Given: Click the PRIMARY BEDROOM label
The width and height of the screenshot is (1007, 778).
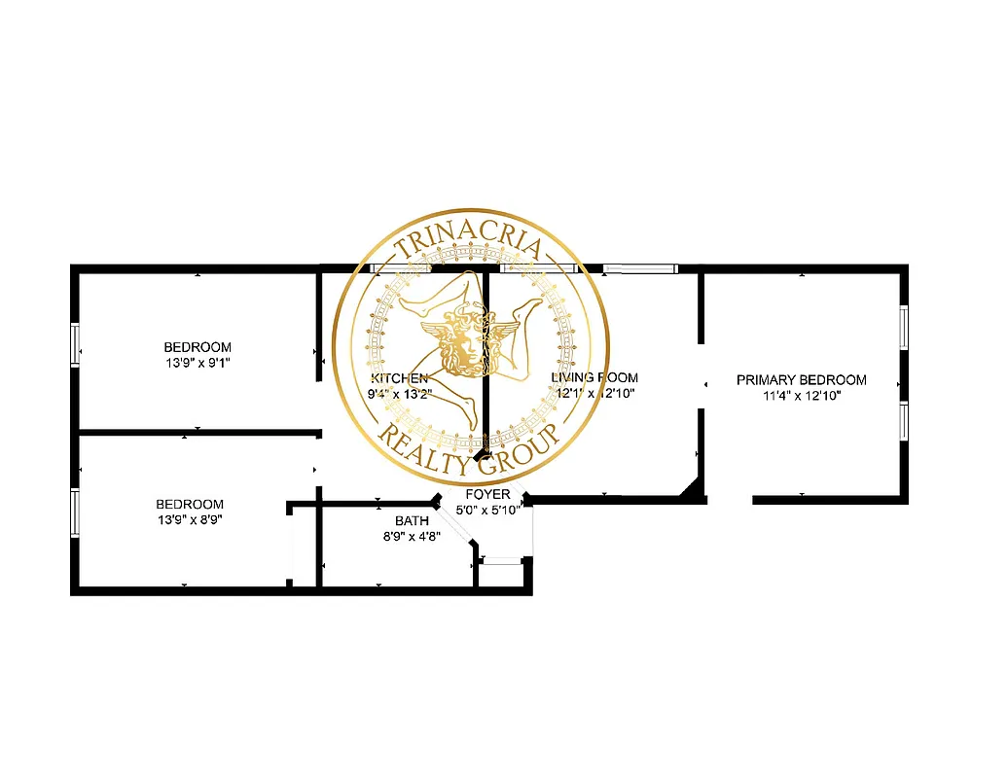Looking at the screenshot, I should (x=801, y=380).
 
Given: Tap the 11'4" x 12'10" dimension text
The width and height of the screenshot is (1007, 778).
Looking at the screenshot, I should (x=801, y=396).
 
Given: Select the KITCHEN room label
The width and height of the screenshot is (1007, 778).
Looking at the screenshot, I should (x=398, y=378).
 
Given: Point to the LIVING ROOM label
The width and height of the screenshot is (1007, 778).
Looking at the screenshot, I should (x=594, y=377).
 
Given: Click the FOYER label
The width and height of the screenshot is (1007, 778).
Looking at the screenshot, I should (x=487, y=495).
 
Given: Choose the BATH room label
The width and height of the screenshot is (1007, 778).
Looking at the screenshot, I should (x=412, y=521).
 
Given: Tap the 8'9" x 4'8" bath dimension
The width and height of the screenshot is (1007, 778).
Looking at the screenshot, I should (x=412, y=537).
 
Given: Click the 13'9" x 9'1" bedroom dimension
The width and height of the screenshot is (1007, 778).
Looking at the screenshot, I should (x=198, y=363).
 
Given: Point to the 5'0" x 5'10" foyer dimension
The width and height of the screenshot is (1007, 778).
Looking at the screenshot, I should (x=489, y=508).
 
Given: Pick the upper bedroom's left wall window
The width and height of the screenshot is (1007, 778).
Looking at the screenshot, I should (x=75, y=343).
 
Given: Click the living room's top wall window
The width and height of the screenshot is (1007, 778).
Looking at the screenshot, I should (x=637, y=268).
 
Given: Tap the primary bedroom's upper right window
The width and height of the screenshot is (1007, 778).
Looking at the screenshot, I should (x=903, y=328).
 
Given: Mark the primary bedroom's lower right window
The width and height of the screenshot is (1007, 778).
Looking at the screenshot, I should (x=903, y=421).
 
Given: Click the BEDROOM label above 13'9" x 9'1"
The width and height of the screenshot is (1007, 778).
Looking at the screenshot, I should (x=198, y=347).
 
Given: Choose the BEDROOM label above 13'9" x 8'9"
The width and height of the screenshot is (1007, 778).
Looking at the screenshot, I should (x=190, y=504).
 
